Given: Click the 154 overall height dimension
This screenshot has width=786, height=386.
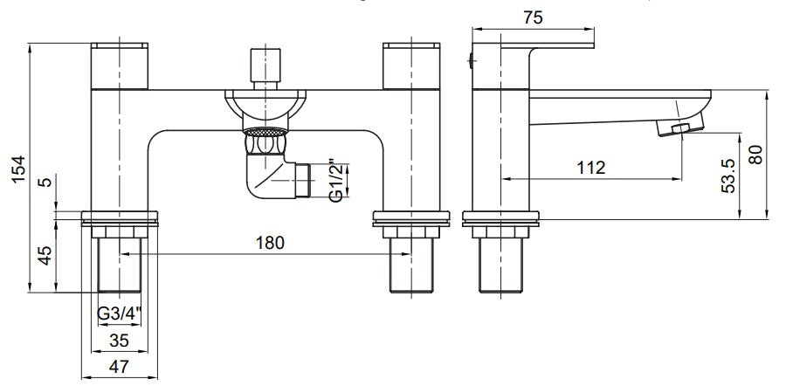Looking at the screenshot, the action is pos(18,169).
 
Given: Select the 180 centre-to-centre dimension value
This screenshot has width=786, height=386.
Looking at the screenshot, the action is pos(270,243).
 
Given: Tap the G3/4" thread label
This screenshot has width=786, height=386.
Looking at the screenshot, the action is pos(120,314).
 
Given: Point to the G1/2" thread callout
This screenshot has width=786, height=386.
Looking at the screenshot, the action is pos(338,181).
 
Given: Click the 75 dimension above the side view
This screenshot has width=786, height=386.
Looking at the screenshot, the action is pos(534,17).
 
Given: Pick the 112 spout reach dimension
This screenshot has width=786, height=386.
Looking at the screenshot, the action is pos(591,168).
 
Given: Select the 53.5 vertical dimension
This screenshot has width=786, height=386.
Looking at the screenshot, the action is pos(728,175).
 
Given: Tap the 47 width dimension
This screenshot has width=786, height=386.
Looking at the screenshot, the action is pos(119,366).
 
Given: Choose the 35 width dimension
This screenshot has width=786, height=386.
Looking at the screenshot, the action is pos(119,341).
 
